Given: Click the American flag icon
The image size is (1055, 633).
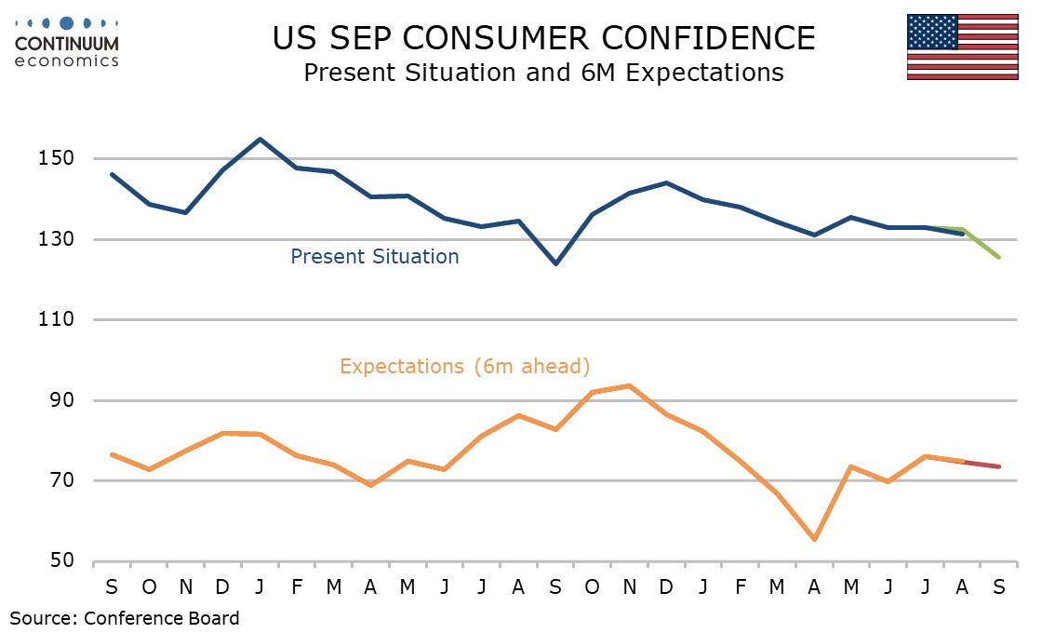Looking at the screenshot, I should coord(963,47).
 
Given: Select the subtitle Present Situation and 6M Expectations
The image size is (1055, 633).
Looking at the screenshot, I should coord(543,73).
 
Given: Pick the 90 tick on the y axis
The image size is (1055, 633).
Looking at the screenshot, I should coord(61,400).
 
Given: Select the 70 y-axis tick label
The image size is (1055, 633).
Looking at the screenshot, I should coord(61,481).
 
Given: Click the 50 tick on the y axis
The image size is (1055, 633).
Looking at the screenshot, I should coord(61,561).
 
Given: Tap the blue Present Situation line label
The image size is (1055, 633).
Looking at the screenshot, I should coord(374,256).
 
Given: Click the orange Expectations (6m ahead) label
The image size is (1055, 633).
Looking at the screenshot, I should coord(464,366).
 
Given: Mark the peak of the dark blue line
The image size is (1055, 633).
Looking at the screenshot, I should coord(260,140).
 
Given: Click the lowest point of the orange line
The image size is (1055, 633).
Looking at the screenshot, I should coord(814,539).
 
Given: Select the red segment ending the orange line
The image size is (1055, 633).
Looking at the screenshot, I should coord(982,464).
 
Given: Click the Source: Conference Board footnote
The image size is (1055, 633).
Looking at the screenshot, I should coord(125,617).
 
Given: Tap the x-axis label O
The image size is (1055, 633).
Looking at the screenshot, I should coord(149,588).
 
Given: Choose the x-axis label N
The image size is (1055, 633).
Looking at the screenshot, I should coord(185,588).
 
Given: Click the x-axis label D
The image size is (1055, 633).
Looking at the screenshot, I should coord(222,588).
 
